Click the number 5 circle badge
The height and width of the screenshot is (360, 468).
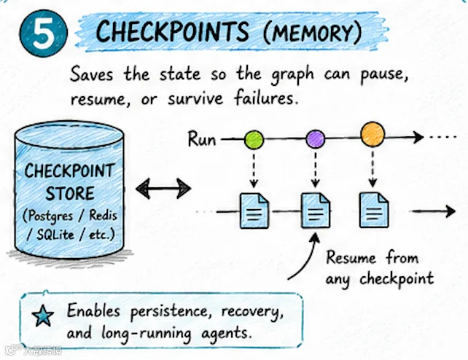(43, 34)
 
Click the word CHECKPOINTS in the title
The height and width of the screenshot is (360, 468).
(173, 31)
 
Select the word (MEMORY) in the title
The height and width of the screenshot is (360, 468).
(313, 32)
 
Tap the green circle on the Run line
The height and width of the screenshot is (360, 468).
(254, 139)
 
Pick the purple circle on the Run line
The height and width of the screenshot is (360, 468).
(316, 139)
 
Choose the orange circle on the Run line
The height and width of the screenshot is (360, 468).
(373, 134)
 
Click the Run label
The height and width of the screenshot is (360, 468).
(202, 139)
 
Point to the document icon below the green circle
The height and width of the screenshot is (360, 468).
(254, 211)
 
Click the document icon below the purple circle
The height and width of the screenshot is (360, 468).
(316, 211)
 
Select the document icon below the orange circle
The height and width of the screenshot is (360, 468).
(374, 210)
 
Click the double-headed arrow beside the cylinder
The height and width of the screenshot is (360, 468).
(163, 189)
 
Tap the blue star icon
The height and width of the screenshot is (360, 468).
(43, 316)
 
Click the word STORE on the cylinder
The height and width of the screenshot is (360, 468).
(70, 193)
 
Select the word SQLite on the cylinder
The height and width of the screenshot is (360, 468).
(55, 235)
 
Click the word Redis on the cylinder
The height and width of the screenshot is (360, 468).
(103, 215)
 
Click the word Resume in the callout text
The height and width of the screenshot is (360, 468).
(351, 258)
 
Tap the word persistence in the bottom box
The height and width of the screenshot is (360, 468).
(169, 312)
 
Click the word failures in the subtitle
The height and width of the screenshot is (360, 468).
(266, 98)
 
